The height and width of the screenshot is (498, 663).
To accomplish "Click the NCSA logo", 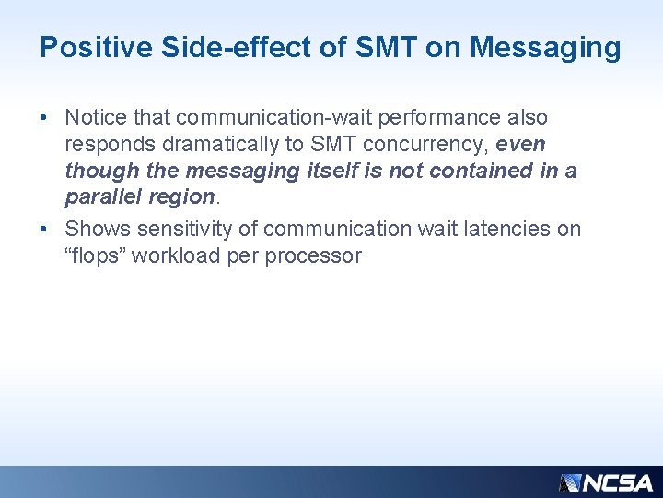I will point(606,482).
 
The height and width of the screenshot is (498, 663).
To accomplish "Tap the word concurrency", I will point(425,145).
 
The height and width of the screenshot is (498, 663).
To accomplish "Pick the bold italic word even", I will point(521,145).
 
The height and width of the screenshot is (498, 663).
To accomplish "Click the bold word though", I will point(97,172).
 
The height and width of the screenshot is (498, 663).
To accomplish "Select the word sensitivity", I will point(189,228).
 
